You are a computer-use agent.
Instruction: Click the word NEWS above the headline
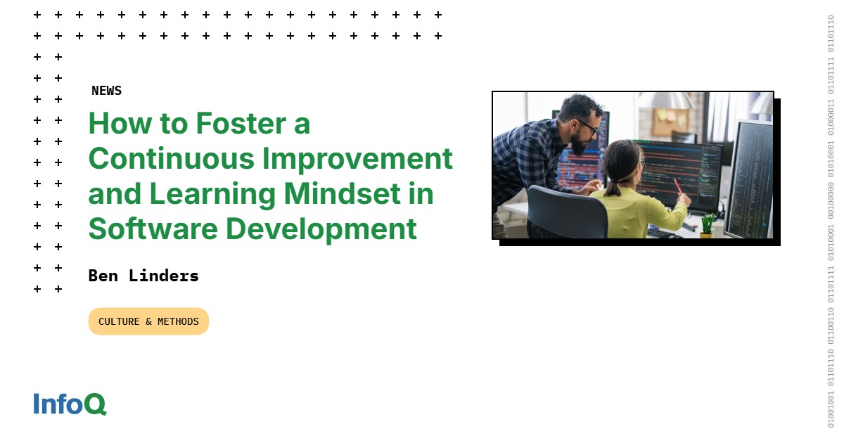106,91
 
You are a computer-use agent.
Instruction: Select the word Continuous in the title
171,159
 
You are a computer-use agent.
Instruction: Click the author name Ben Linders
143,276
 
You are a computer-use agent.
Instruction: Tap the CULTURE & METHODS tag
148,321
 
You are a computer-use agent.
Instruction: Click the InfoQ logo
70,404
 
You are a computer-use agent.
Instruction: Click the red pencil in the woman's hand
679,186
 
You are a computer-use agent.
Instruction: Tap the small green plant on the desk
707,223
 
